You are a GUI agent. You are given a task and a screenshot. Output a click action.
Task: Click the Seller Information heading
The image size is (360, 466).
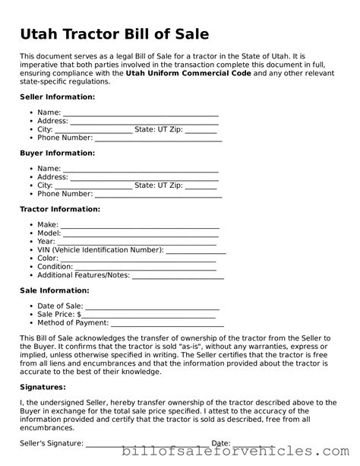tap(57, 97)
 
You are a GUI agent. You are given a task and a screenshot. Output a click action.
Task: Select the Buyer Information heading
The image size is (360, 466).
tap(57, 153)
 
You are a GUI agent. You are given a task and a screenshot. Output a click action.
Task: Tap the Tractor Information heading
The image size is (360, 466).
tap(59, 208)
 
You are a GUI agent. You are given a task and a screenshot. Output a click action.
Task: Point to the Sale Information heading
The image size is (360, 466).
tap(54, 290)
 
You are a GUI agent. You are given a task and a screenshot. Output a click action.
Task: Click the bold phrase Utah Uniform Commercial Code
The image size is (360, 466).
tap(188, 73)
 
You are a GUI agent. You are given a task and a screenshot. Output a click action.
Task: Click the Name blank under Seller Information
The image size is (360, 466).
tap(141, 113)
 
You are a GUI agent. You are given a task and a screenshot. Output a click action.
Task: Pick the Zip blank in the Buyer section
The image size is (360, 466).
tap(201, 185)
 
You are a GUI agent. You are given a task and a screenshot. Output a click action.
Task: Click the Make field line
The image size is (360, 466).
tap(140, 226)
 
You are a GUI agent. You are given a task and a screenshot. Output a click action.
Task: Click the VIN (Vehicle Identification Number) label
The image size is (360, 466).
tap(99, 250)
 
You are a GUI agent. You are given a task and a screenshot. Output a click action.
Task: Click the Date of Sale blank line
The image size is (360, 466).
tap(153, 306)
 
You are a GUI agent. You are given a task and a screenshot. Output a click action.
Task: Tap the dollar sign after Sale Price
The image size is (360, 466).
tap(79, 315)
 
